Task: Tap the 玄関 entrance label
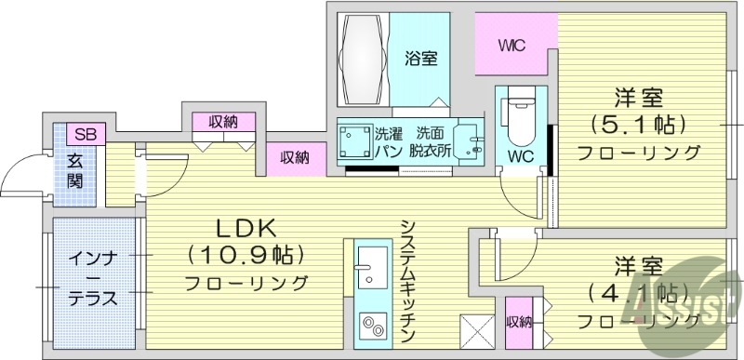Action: coord(75,169)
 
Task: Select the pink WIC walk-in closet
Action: coord(514,46)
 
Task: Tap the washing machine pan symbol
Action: coord(354,144)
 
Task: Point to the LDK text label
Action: coord(247,229)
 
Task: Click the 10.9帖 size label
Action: coord(247,254)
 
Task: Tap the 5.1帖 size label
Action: coord(638,124)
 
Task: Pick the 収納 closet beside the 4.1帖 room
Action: coord(519,323)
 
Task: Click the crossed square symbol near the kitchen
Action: coord(475,330)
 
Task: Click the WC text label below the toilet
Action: coord(518,156)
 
